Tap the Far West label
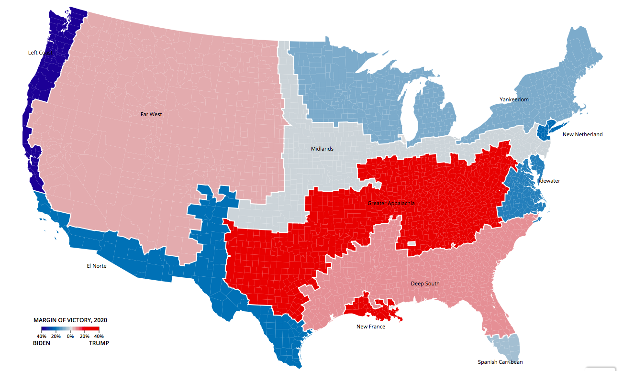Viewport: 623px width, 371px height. coord(151,114)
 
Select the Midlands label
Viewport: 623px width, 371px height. coord(322,149)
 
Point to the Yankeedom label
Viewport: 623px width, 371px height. coord(514,99)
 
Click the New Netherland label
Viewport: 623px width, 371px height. coord(582,134)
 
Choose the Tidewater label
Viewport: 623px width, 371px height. coord(548,181)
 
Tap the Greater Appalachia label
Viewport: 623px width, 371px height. coord(391,204)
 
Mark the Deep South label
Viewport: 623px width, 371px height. coord(425,284)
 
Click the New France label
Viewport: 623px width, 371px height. coord(370,327)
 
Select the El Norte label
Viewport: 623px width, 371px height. coord(96,266)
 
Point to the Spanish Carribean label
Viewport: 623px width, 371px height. coord(500,362)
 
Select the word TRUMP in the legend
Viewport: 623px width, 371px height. coord(99,343)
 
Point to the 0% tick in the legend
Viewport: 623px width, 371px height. coord(70,337)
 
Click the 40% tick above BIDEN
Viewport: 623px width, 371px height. coord(42,337)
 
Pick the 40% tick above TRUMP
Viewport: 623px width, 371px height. coord(99,337)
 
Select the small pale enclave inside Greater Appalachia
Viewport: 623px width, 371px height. coord(411,243)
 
